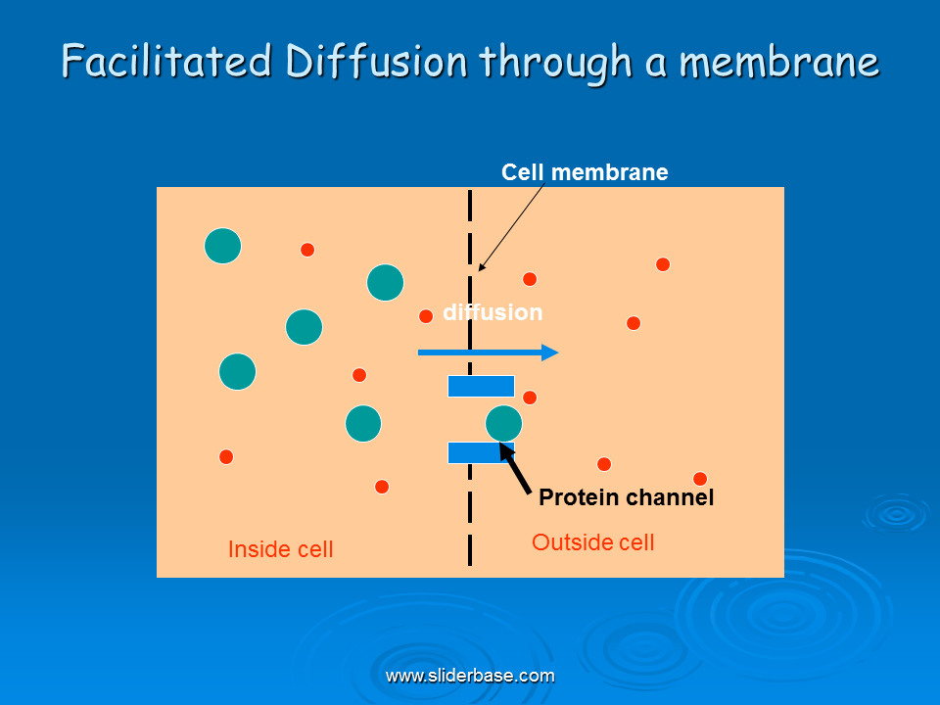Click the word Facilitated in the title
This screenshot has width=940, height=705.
166,61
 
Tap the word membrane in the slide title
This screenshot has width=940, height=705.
779,62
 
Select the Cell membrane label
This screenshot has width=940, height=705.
585,172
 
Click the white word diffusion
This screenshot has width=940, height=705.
493,312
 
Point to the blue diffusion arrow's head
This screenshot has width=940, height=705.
550,352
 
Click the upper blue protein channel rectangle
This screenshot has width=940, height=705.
481,386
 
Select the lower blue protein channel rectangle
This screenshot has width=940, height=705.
481,452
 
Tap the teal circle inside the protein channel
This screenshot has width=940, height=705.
503,423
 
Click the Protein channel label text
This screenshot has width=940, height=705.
626,497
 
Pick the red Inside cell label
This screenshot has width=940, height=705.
281,549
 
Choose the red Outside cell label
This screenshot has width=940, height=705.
593,542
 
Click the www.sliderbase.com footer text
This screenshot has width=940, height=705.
470,676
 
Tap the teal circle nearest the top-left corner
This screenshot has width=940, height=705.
223,246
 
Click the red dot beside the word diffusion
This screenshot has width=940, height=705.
426,316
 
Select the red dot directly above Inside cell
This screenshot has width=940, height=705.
226,457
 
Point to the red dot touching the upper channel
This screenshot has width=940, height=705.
530,398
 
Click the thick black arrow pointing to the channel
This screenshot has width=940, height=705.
515,469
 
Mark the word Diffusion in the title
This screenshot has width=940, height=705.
376,61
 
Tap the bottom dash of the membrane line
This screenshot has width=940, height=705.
470,550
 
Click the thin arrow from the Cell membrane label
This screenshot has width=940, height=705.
511,227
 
